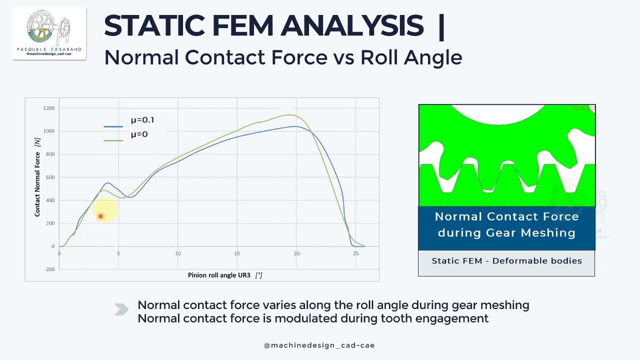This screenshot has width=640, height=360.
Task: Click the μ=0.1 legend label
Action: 142,120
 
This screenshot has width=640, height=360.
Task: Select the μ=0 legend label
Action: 139,134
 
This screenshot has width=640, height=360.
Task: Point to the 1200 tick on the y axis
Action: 49,108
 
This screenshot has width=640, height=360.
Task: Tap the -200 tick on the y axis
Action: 49,269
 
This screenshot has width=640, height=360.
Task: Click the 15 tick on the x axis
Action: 237,253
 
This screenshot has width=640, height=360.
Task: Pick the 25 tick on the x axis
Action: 355,253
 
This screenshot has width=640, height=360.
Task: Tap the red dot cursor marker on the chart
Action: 100,216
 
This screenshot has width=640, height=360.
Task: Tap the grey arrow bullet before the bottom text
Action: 121,310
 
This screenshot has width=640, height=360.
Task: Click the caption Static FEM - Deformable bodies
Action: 506,261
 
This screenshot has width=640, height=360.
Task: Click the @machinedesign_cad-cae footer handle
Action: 319,345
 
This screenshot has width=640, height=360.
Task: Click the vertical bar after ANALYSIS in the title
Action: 440,26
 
